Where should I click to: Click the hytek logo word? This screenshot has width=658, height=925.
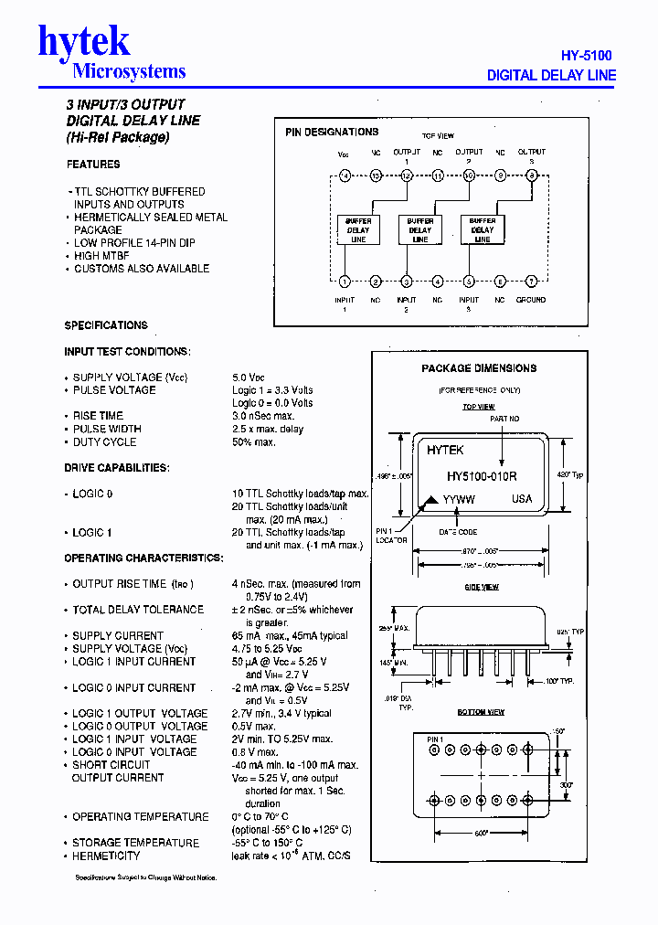(x=84, y=41)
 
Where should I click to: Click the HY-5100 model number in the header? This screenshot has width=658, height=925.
(x=586, y=55)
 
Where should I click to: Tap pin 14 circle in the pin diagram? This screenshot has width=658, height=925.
(x=345, y=175)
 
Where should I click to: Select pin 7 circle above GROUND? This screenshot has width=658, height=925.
(x=531, y=282)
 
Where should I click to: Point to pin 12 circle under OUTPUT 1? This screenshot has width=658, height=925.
(x=407, y=175)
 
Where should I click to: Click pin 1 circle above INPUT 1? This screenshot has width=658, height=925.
(x=345, y=282)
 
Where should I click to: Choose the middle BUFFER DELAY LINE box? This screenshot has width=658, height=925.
(x=420, y=229)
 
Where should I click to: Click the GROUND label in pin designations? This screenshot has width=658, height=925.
(x=531, y=299)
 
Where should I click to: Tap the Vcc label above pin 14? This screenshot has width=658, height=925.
(x=344, y=154)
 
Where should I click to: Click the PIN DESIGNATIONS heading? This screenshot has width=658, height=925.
(x=332, y=132)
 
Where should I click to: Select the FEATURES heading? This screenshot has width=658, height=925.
(x=93, y=165)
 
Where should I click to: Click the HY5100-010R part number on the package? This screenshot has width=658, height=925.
(x=482, y=476)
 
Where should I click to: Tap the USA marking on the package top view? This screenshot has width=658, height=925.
(x=522, y=499)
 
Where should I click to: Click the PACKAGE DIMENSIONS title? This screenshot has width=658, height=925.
(x=479, y=368)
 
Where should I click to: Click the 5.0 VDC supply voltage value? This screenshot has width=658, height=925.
(x=249, y=377)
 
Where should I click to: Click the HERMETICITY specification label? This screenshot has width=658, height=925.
(x=106, y=856)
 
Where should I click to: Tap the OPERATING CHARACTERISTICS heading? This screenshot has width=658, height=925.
(x=143, y=558)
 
